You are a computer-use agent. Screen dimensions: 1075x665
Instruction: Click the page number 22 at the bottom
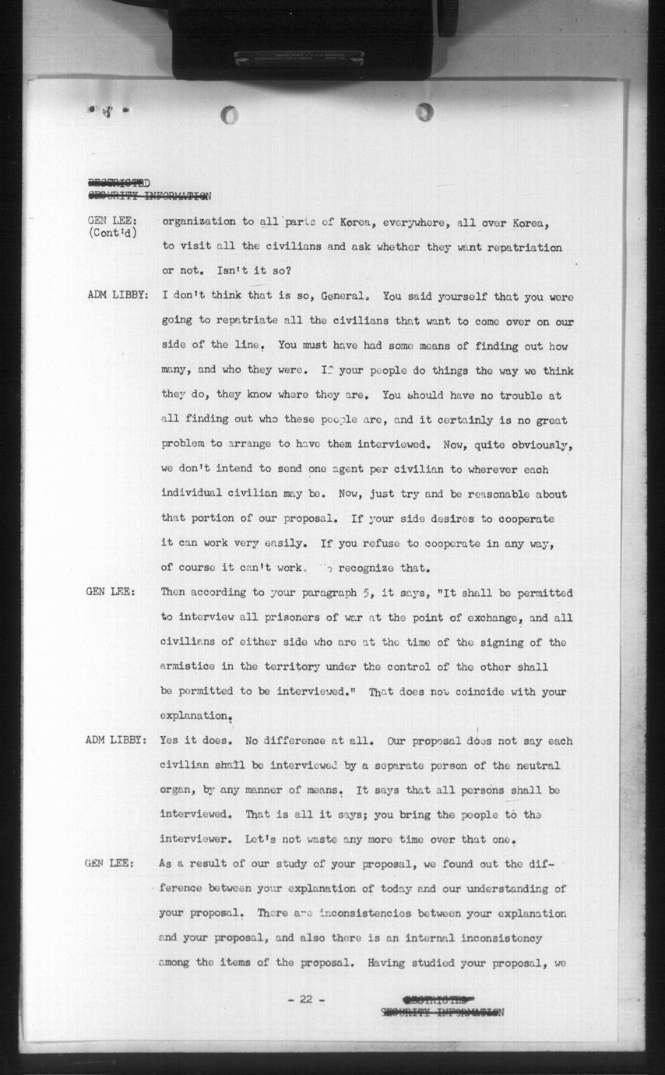tap(305, 999)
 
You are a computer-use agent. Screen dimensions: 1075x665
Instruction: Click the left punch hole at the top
tap(230, 116)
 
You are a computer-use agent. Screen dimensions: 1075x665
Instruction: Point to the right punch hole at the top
tap(424, 112)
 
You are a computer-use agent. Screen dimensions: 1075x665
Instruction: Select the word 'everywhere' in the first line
tap(414, 223)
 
